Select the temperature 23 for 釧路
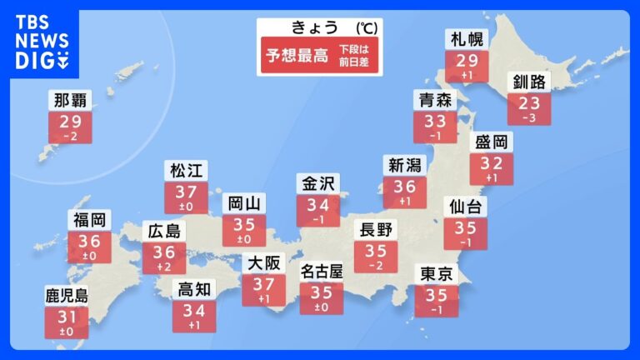click(529, 104)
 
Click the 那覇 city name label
click(70, 102)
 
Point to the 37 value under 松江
click(186, 193)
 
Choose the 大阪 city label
click(264, 263)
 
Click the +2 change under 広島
click(164, 267)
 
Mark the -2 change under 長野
click(376, 266)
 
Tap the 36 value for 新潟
click(404, 187)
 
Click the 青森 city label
click(435, 101)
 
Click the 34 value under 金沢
click(318, 205)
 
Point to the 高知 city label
click(194, 289)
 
